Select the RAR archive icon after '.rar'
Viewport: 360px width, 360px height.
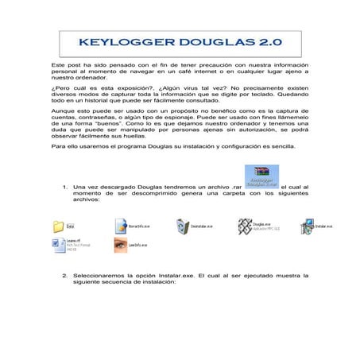(x=262, y=174)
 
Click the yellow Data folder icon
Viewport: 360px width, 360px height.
(x=58, y=226)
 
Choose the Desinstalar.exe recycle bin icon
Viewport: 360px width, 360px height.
(x=181, y=226)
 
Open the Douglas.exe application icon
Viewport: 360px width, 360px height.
(x=242, y=227)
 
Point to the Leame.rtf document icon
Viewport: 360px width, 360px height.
(x=57, y=247)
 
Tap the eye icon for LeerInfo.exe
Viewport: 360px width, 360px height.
(x=120, y=246)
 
